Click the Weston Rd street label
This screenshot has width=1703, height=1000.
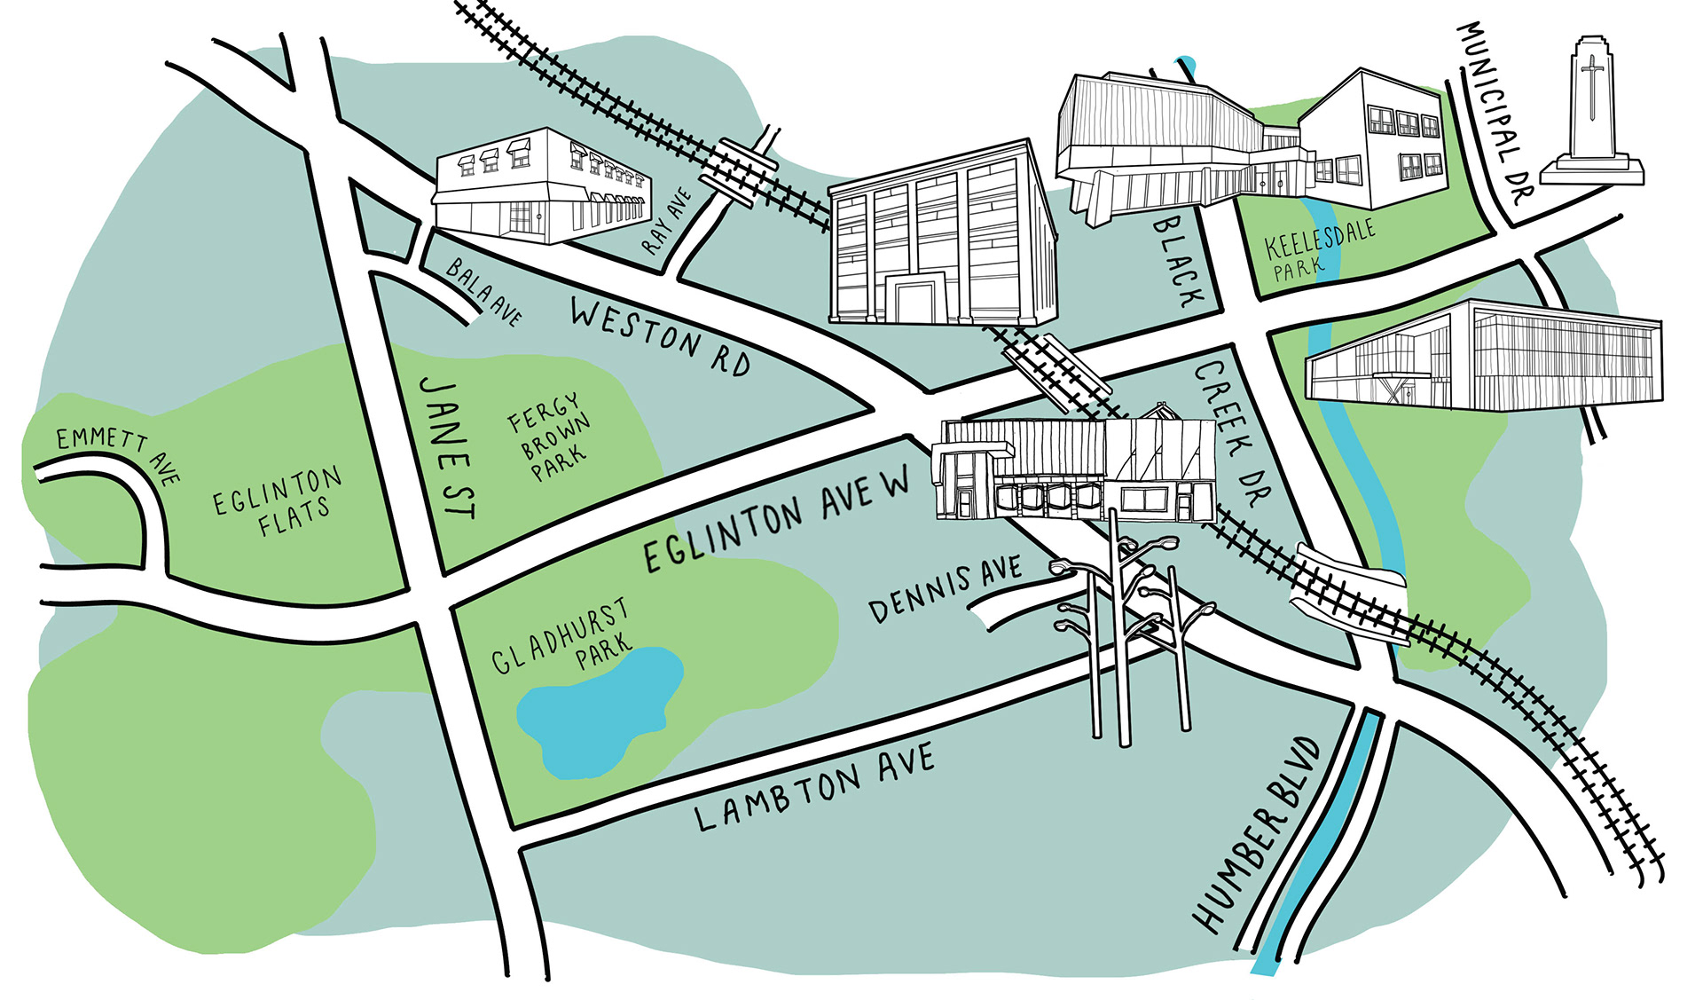660,338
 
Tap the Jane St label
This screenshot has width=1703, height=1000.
448,447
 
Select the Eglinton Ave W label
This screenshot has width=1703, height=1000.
776,519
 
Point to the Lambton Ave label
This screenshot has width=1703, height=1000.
814,787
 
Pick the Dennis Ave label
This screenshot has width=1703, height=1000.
945,589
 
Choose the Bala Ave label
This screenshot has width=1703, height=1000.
484,292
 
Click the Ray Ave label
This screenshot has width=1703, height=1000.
667,221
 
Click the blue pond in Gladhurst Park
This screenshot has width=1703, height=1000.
594,710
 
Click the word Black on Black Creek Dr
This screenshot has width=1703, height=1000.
1178,262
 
